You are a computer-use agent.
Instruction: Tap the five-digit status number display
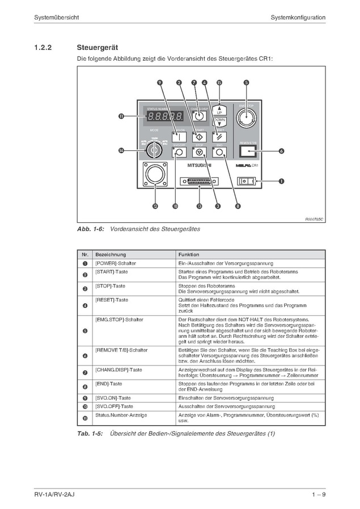(165, 117)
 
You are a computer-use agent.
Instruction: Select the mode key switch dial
(153, 150)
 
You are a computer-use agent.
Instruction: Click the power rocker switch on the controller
(247, 181)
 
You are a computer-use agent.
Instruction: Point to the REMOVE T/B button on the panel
(248, 151)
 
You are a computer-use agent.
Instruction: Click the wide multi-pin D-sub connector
(199, 182)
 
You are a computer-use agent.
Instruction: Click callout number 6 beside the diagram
(281, 151)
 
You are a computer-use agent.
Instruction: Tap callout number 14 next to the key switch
(121, 150)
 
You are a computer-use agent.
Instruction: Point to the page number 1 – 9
(318, 495)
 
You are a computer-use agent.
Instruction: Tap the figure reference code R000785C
(313, 218)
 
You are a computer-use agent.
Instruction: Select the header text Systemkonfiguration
(298, 18)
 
